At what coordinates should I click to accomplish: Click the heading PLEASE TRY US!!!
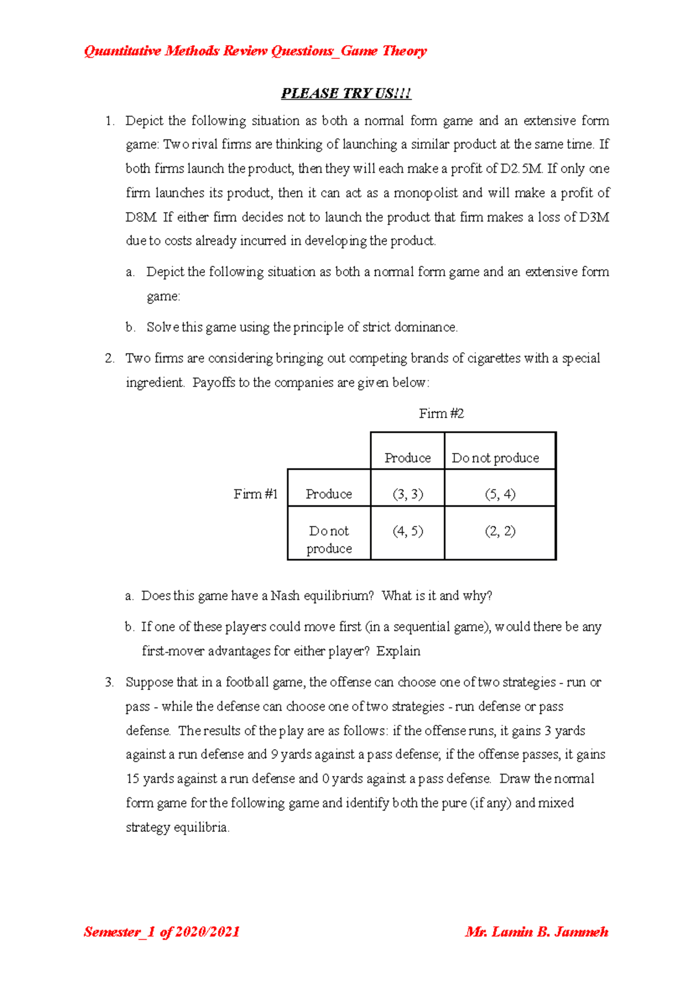346,94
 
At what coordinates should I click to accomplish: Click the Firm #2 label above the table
441,414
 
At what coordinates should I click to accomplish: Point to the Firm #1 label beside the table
255,494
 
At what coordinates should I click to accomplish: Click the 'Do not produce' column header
495,458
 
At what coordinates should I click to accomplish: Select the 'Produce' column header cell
408,458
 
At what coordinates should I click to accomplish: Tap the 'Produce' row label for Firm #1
329,494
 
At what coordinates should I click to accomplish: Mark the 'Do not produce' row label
329,539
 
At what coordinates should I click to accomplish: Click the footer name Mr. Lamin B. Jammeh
536,932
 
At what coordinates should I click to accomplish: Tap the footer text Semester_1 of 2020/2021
162,932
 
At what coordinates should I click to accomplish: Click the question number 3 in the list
109,682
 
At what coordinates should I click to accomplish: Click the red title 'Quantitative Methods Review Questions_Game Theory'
255,51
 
